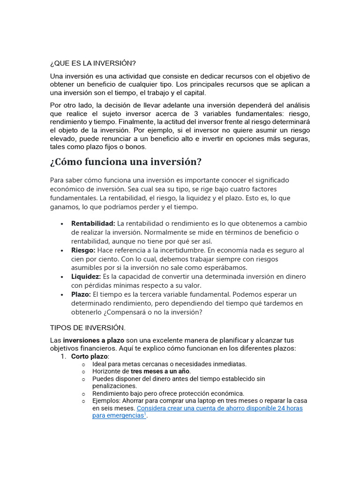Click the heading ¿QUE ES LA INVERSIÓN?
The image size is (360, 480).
pyautogui.click(x=93, y=63)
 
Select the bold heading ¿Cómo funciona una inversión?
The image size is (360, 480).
pyautogui.click(x=126, y=162)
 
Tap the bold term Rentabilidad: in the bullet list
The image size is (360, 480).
pyautogui.click(x=93, y=223)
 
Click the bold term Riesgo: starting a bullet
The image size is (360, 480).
pyautogui.click(x=83, y=250)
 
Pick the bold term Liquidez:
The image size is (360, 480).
pyautogui.click(x=86, y=277)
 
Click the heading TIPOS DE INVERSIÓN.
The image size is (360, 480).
pyautogui.click(x=88, y=327)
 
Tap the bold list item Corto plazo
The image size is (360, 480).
pyautogui.click(x=90, y=357)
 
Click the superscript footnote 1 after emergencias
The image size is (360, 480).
pyautogui.click(x=145, y=414)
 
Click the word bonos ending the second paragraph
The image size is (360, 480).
pyautogui.click(x=136, y=147)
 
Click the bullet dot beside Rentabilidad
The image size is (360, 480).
pyautogui.click(x=62, y=224)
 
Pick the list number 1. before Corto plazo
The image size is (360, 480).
pyautogui.click(x=64, y=357)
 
